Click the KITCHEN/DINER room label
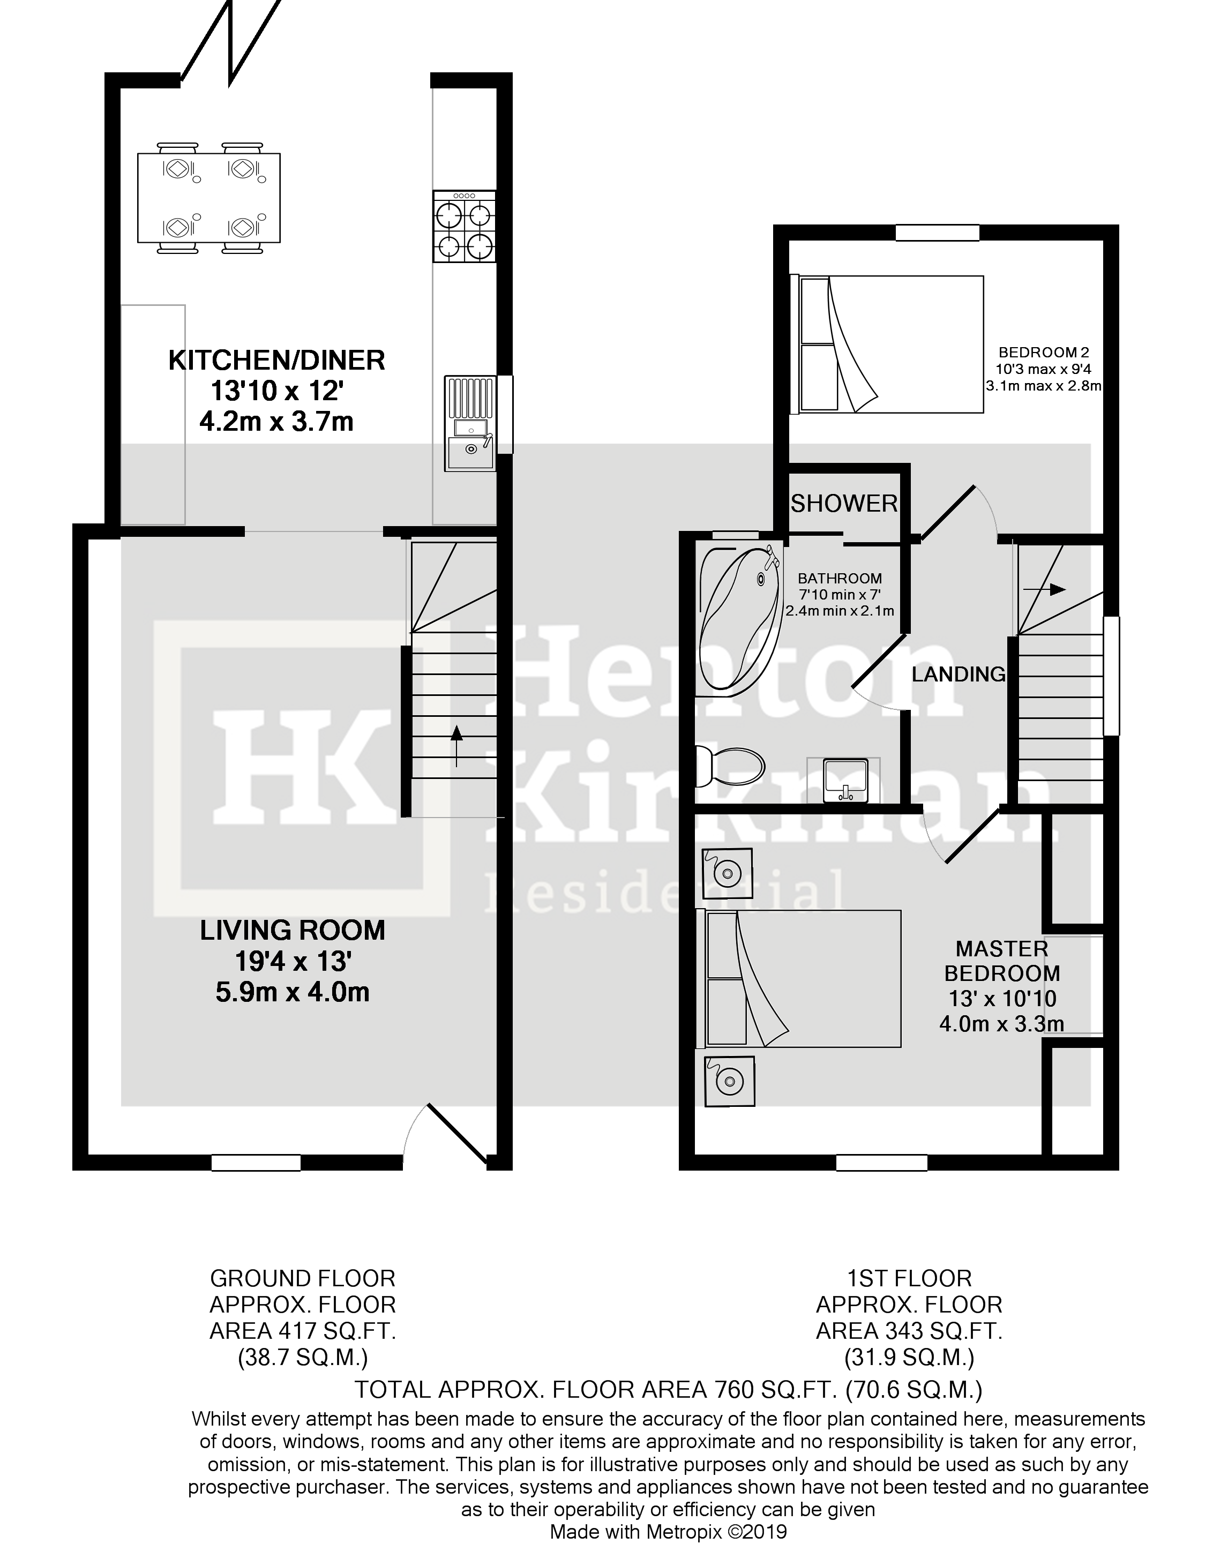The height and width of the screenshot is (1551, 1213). pos(276,360)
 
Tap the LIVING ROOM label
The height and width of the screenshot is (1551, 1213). pos(292,930)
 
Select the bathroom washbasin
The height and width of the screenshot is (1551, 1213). pos(844,779)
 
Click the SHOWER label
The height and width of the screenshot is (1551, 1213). pos(844,504)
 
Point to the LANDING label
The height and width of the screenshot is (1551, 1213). pos(958,674)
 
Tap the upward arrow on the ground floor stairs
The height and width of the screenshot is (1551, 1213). pos(456,746)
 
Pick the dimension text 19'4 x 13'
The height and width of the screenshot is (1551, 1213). pos(293,962)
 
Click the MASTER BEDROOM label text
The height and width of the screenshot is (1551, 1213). pos(1001,961)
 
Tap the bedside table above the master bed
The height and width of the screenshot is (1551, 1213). pos(727,873)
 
